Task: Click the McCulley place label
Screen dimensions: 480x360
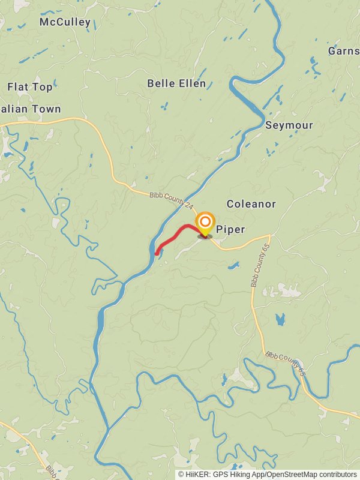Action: click(x=65, y=22)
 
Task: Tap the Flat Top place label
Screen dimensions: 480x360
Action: click(x=30, y=87)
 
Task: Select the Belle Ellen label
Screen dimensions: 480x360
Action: click(x=176, y=83)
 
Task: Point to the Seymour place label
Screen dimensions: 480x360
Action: click(x=289, y=125)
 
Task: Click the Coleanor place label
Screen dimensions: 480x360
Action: click(x=251, y=204)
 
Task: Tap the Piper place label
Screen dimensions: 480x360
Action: click(x=230, y=229)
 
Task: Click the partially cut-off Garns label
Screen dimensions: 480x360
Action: click(x=344, y=51)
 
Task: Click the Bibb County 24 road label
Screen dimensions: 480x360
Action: click(x=172, y=199)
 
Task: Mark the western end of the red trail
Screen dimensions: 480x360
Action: click(x=157, y=253)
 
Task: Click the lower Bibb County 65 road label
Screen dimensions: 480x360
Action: click(x=286, y=364)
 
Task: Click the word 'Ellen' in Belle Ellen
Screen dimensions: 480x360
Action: click(x=192, y=83)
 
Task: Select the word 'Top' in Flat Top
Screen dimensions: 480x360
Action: click(x=43, y=87)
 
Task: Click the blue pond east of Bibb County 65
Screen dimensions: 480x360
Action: click(x=280, y=320)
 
